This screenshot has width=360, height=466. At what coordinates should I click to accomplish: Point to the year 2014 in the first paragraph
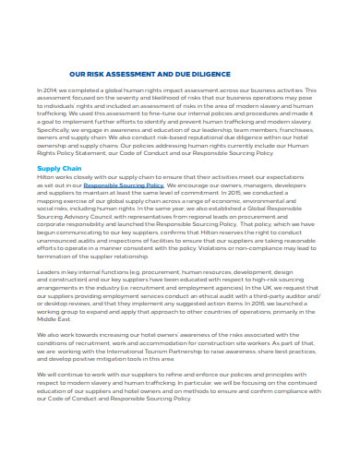point(50,90)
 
